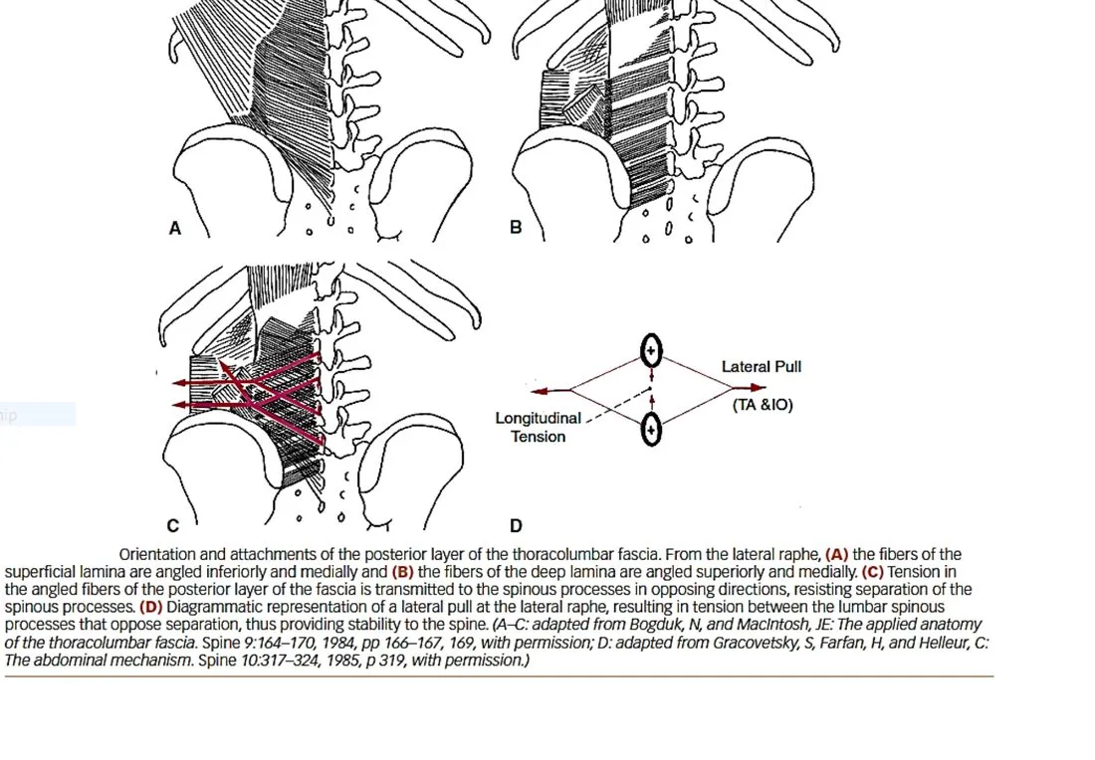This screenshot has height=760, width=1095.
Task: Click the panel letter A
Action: (174, 228)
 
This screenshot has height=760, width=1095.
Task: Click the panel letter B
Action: (516, 228)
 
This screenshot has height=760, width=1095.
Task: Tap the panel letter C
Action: (172, 525)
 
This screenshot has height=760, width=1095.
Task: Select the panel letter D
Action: (516, 525)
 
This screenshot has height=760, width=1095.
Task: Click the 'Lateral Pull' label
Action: (762, 366)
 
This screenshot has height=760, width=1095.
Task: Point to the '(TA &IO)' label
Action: (763, 405)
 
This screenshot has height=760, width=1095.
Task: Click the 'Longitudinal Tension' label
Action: (538, 427)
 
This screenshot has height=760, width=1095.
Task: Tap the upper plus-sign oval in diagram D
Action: (651, 350)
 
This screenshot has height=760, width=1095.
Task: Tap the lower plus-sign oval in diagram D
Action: (651, 429)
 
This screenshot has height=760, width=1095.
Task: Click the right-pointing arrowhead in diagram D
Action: (758, 387)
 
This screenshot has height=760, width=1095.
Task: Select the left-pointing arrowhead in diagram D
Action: (540, 390)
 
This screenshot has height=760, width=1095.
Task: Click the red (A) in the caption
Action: (836, 554)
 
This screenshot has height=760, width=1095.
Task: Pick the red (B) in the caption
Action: (402, 572)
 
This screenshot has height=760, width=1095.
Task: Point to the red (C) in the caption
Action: (873, 572)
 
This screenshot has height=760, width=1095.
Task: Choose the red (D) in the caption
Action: (151, 607)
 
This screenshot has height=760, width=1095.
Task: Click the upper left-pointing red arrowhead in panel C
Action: (180, 383)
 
